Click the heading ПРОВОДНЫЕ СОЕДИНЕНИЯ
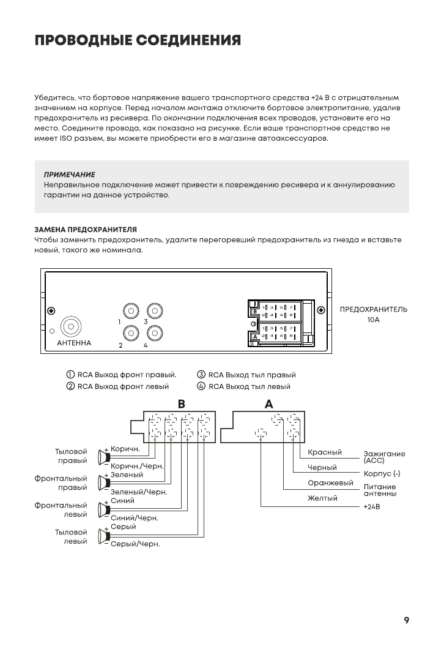(137, 40)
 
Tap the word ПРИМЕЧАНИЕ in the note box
(69, 174)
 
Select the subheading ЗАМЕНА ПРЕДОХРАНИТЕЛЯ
(85, 229)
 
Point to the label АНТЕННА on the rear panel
(73, 343)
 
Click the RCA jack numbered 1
(131, 311)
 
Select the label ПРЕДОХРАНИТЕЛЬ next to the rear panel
(373, 309)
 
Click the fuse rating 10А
(374, 320)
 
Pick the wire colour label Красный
(324, 452)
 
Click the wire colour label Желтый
(322, 498)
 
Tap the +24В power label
(372, 507)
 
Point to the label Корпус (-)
(382, 474)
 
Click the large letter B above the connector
(181, 404)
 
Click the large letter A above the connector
(268, 404)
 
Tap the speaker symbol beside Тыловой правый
(103, 456)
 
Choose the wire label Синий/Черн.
(134, 518)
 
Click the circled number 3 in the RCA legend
(201, 375)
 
